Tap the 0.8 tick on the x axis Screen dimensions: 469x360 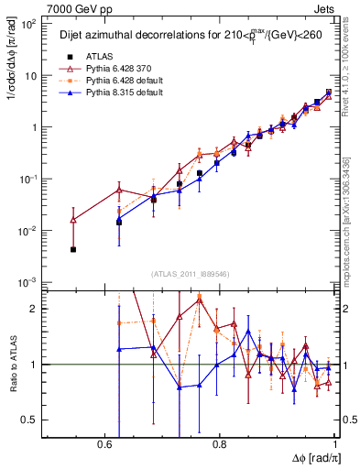click(219, 442)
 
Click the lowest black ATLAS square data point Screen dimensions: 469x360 click(73, 249)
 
